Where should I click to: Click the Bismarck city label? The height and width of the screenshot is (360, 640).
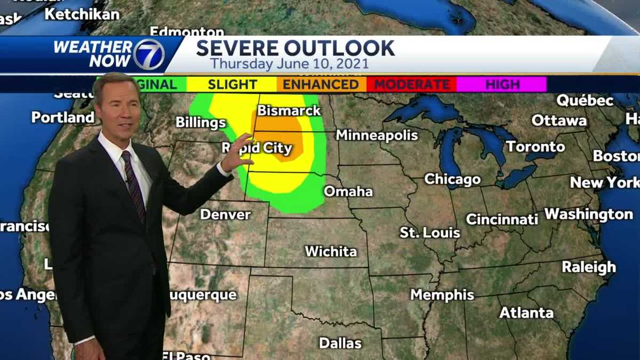tap(289, 111)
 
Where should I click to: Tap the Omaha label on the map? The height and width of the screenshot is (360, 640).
tap(348, 191)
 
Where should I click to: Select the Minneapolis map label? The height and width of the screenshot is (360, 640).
tap(377, 135)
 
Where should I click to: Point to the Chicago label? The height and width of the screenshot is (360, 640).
tap(452, 179)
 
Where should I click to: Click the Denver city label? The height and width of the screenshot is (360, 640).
tap(225, 214)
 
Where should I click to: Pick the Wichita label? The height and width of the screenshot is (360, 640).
tap(331, 251)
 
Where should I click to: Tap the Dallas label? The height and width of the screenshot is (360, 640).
tap(340, 343)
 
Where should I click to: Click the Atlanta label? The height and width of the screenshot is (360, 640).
tap(526, 313)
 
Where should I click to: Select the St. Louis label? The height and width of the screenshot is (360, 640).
tap(430, 233)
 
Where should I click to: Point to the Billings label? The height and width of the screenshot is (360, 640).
tap(201, 123)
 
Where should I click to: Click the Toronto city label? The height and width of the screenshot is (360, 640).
tap(535, 146)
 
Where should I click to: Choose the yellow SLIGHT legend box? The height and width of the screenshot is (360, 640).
tap(232, 84)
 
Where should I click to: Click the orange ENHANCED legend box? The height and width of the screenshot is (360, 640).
tap(321, 84)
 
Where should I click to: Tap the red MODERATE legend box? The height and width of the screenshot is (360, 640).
tap(411, 84)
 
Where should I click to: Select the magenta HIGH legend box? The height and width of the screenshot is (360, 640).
tap(502, 84)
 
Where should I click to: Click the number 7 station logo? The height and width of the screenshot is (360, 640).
tap(148, 54)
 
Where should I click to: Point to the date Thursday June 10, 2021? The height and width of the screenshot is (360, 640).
tap(289, 64)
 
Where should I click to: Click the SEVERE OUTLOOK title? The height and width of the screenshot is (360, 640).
tap(295, 48)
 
